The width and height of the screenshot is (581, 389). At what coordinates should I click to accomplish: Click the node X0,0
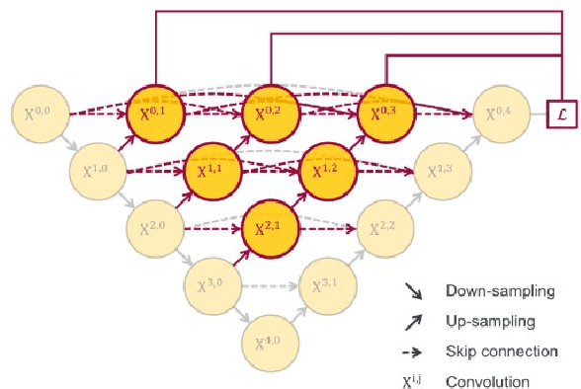[40, 112]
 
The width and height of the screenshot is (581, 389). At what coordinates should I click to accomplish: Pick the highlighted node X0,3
[384, 112]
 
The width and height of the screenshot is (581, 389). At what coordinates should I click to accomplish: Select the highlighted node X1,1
[212, 170]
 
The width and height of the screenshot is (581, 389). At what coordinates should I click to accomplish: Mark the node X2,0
[155, 228]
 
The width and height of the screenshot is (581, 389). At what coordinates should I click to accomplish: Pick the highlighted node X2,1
[270, 228]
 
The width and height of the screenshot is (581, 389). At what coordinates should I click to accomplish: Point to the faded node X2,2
[384, 228]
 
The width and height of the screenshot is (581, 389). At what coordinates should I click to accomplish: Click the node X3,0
[212, 286]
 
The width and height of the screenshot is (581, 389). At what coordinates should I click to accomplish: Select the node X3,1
[327, 286]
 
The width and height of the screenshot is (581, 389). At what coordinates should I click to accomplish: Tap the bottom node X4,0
[270, 344]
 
